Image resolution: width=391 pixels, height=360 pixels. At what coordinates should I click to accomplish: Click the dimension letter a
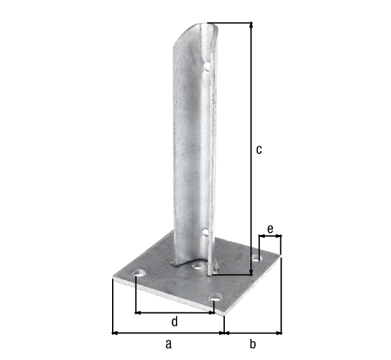169,344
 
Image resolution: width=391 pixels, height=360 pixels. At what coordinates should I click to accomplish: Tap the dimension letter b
253,344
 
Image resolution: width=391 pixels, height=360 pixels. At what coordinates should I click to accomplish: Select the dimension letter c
258,150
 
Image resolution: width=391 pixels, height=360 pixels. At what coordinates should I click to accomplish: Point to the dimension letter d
174,322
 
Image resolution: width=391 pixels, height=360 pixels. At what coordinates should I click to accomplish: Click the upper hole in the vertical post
207,65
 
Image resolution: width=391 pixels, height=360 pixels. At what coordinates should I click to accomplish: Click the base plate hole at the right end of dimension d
215,300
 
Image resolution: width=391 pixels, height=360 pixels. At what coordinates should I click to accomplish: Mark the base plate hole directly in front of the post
195,266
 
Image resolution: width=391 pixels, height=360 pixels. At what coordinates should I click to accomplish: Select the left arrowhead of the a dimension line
115,333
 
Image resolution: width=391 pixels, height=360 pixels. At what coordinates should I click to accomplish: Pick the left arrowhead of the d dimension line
138,312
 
